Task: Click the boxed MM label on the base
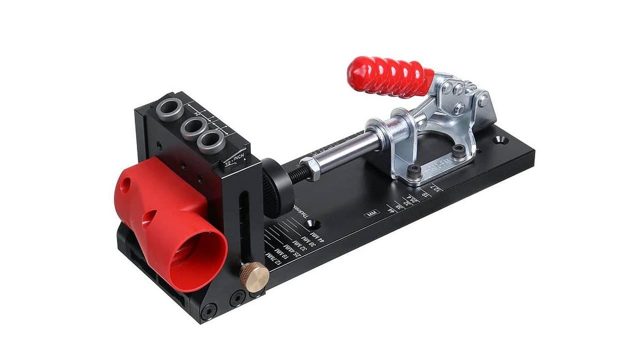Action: (x=371, y=214)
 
